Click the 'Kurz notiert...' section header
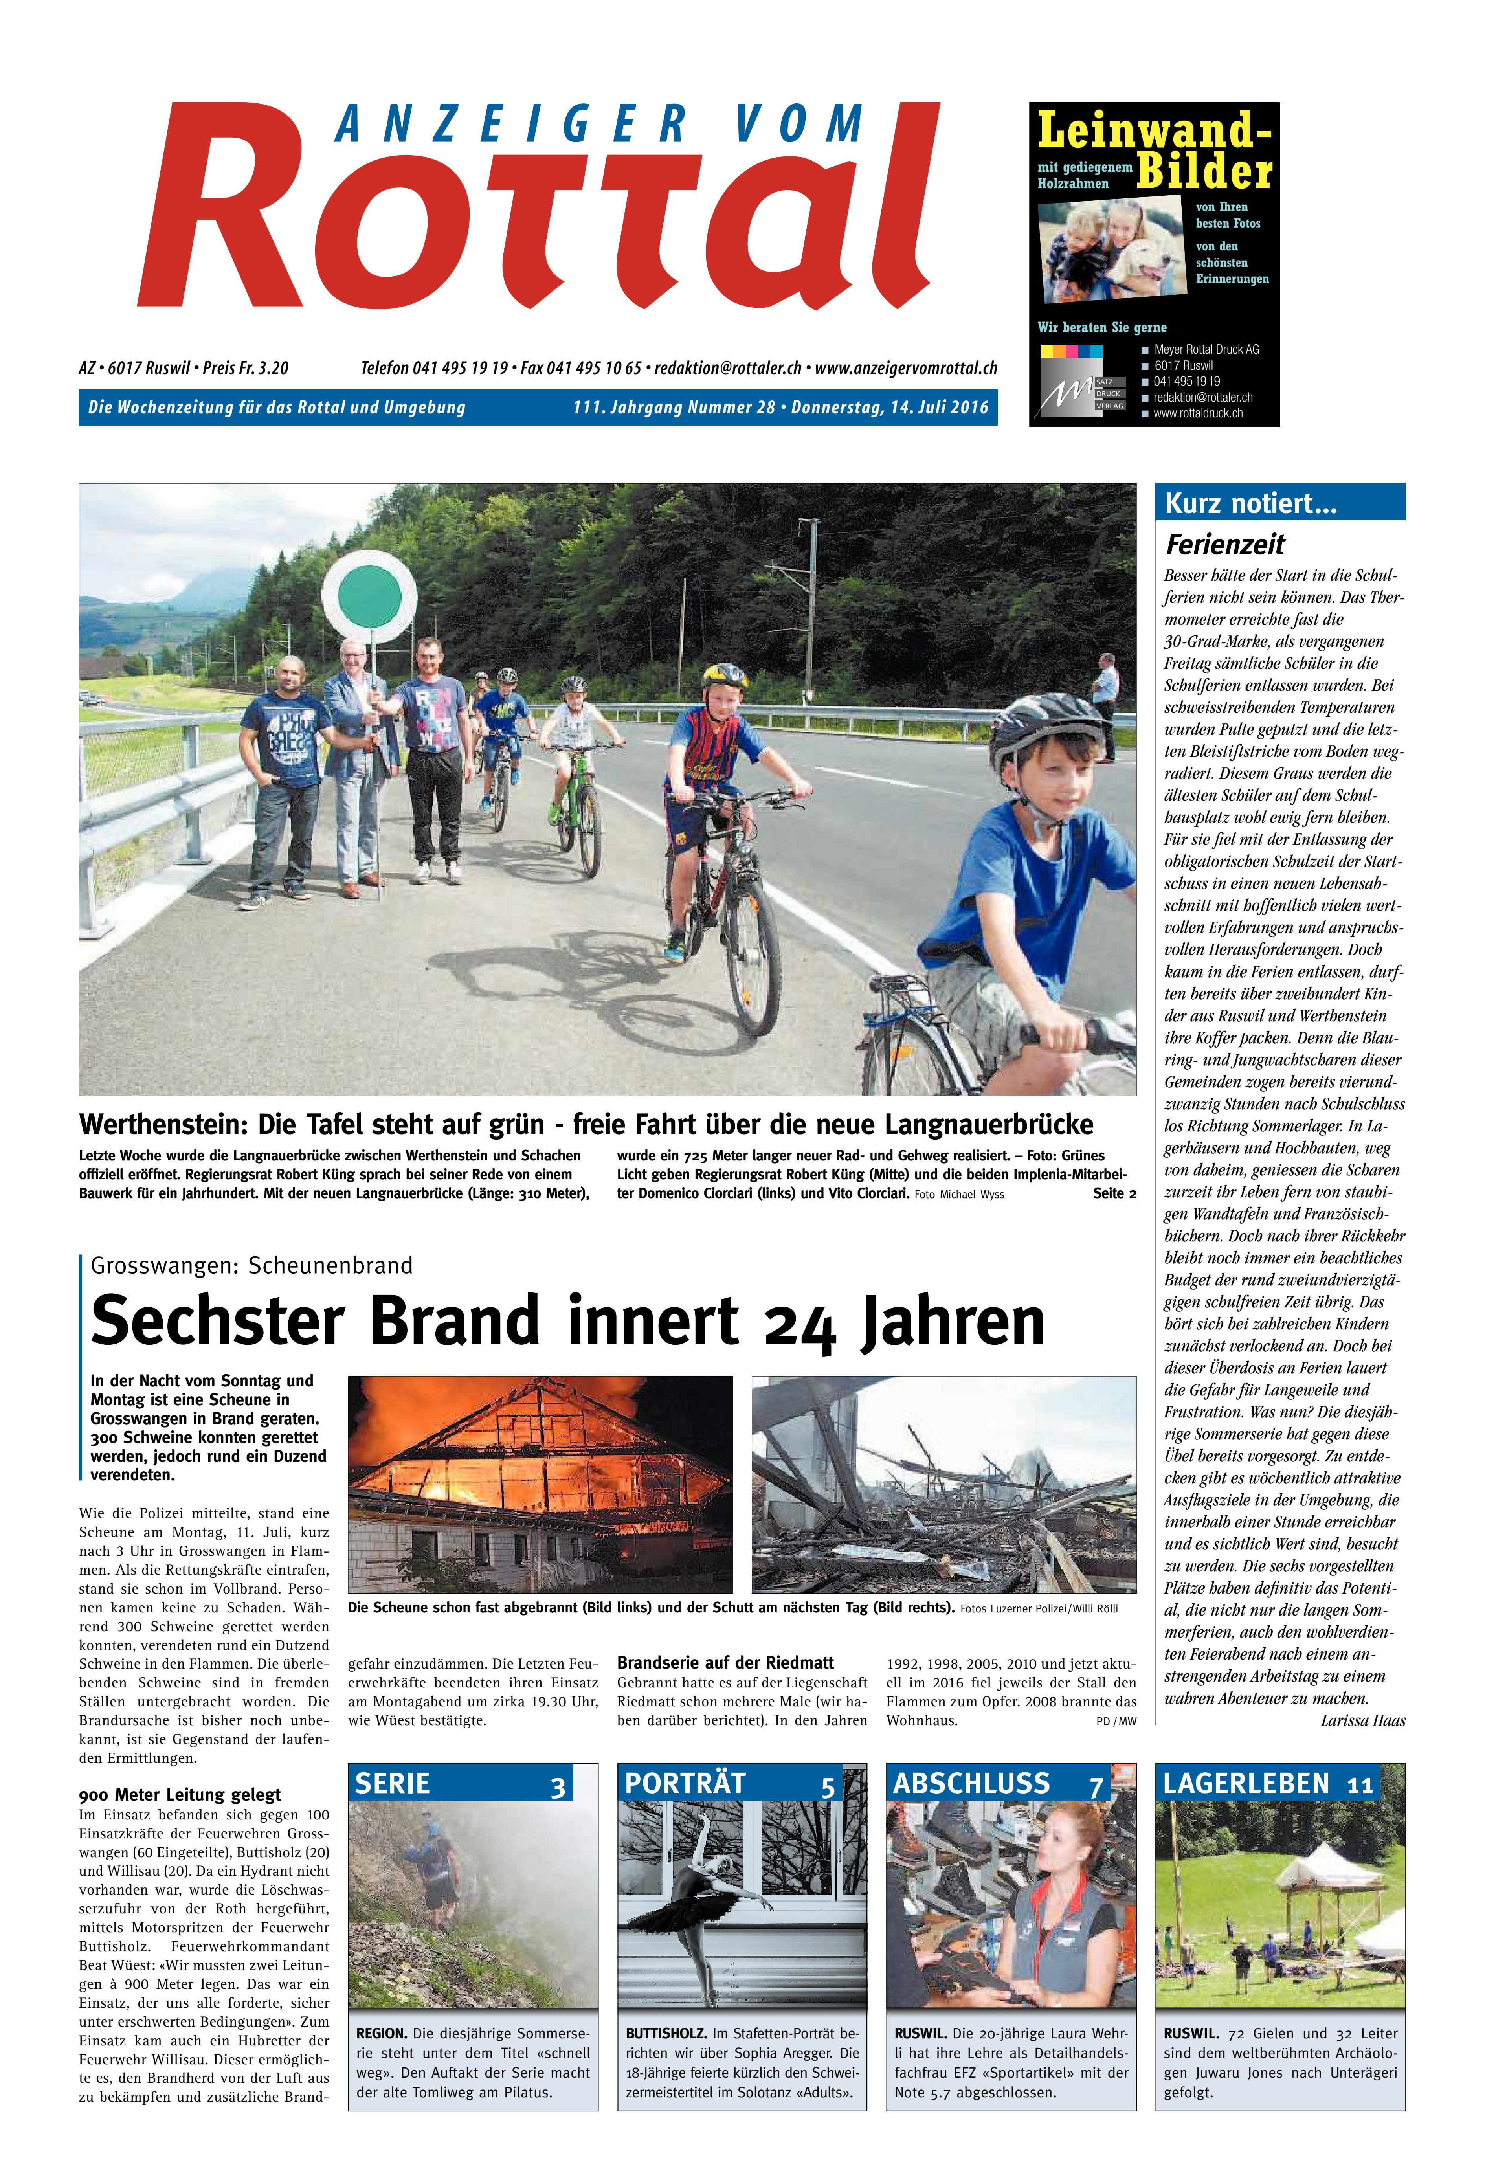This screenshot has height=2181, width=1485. click(1249, 504)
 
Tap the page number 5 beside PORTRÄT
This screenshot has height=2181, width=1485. click(827, 1787)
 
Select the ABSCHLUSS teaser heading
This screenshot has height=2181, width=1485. click(971, 1784)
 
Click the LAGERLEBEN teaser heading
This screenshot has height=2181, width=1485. click(1246, 1784)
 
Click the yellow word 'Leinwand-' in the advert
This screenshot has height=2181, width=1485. click(1155, 132)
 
